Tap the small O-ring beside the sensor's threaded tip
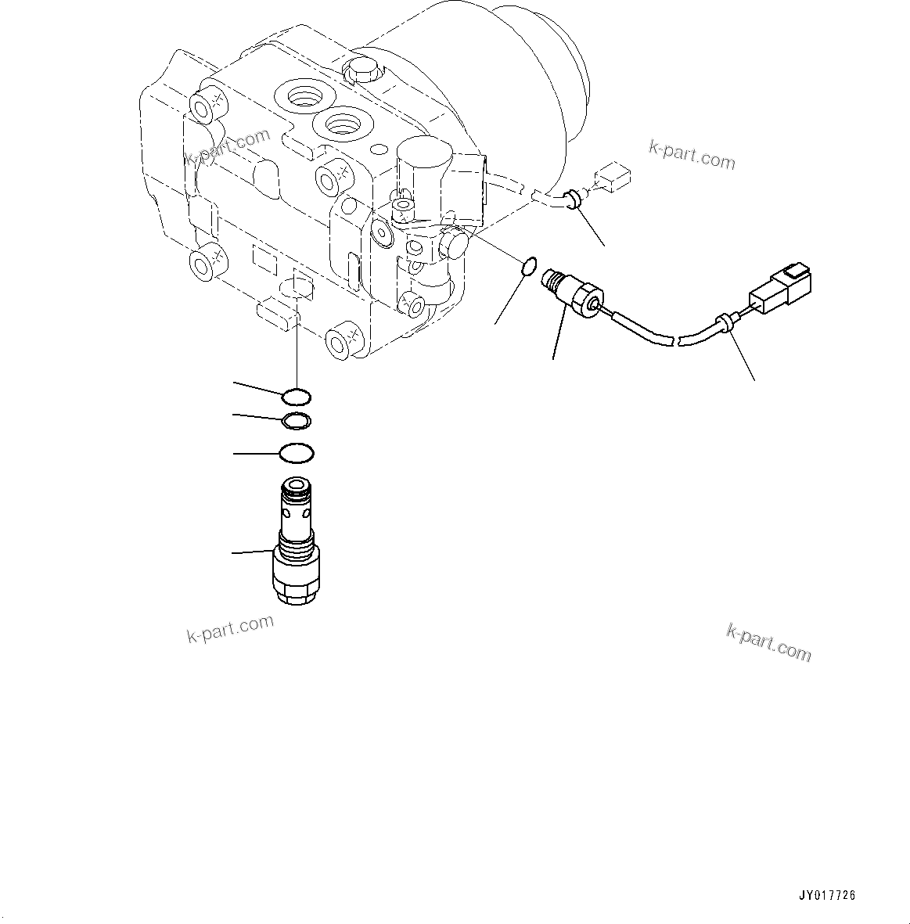pyautogui.click(x=528, y=267)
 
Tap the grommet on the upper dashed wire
pyautogui.click(x=575, y=199)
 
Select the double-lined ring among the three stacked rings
pyautogui.click(x=297, y=421)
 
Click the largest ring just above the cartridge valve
pyautogui.click(x=297, y=453)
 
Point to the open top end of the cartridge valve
pyautogui.click(x=297, y=485)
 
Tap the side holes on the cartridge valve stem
pyautogui.click(x=297, y=515)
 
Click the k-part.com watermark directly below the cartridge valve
pyautogui.click(x=230, y=627)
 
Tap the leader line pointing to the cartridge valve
pyautogui.click(x=252, y=553)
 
